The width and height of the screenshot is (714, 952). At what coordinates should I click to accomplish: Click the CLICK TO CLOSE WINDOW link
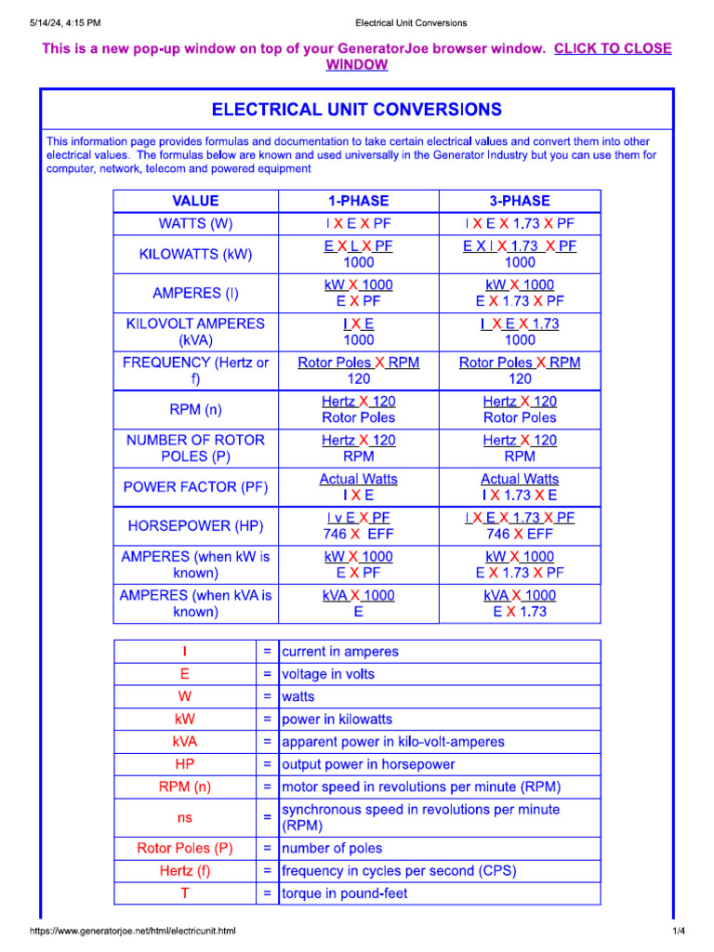click(x=612, y=48)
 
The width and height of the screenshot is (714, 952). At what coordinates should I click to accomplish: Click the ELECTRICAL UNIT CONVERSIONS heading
click(x=357, y=110)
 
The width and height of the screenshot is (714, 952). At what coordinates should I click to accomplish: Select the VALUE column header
click(x=195, y=201)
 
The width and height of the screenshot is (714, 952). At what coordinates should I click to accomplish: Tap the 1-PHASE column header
click(x=358, y=201)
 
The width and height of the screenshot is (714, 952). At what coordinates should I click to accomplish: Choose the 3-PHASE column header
click(x=520, y=201)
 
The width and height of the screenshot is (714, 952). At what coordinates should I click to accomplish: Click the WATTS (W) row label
click(x=195, y=224)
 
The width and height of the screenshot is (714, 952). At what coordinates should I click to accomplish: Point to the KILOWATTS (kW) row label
click(x=195, y=254)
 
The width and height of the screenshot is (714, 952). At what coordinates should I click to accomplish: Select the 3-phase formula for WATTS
click(x=520, y=224)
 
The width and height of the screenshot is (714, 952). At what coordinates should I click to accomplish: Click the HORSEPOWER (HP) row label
click(x=195, y=526)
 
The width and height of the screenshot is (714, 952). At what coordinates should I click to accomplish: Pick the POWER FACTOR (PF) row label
click(x=195, y=486)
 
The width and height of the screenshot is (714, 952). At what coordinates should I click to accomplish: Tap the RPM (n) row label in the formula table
click(x=195, y=409)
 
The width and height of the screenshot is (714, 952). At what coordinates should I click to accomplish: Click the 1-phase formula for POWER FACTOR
click(x=358, y=486)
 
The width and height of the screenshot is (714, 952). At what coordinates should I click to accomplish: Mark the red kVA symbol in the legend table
click(x=185, y=742)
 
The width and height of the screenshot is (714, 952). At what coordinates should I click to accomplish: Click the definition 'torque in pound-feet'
click(x=344, y=893)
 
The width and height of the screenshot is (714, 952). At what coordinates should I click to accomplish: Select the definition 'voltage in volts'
click(x=328, y=674)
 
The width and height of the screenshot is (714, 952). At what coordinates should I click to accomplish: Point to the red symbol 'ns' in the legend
click(x=185, y=817)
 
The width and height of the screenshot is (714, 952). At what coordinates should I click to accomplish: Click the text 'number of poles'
click(x=332, y=848)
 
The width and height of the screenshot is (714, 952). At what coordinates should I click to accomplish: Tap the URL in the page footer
click(x=133, y=932)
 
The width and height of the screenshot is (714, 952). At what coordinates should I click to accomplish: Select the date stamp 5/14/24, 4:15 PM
click(x=65, y=22)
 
